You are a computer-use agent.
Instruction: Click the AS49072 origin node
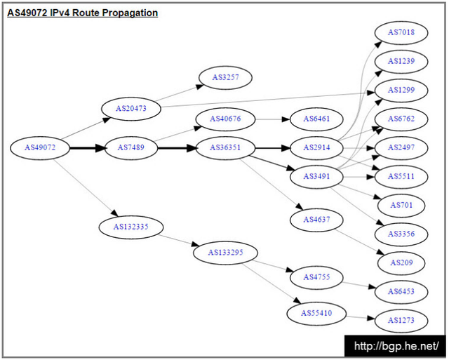(x=40, y=148)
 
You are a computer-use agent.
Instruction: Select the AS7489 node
(x=131, y=148)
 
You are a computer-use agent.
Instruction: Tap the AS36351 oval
(x=225, y=148)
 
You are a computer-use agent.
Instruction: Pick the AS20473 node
(x=131, y=109)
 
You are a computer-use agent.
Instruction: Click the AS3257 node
(x=225, y=78)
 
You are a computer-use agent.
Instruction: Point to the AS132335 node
(x=131, y=227)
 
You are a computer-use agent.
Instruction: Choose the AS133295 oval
(x=225, y=253)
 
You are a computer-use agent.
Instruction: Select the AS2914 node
(x=316, y=148)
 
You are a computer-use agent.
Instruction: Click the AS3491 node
(x=316, y=176)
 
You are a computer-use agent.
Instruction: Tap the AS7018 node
(x=401, y=33)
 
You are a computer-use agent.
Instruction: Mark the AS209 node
(x=401, y=263)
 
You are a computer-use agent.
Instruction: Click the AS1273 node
(x=401, y=321)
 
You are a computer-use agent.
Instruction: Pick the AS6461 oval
(x=316, y=119)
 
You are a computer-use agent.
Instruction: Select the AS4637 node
(x=316, y=220)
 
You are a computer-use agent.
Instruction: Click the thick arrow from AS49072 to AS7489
(x=88, y=148)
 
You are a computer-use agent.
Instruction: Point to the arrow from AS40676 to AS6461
(x=273, y=119)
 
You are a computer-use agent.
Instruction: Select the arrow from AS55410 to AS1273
(x=361, y=317)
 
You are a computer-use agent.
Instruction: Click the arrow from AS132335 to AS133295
(x=178, y=240)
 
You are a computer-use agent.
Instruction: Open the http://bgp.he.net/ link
(x=396, y=346)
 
